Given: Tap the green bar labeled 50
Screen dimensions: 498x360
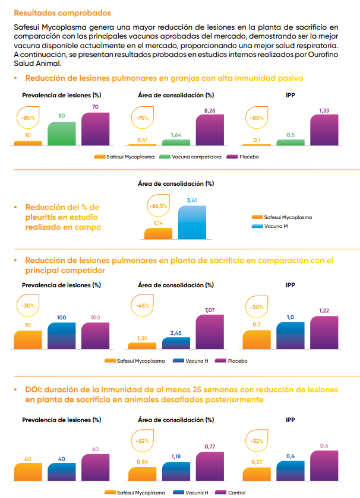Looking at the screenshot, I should pyautogui.click(x=62, y=134).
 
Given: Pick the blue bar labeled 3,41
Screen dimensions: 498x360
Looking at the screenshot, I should pyautogui.click(x=192, y=222).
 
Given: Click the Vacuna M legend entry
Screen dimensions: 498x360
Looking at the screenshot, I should pyautogui.click(x=276, y=226).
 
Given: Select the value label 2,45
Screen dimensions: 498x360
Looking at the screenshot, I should pyautogui.click(x=176, y=333).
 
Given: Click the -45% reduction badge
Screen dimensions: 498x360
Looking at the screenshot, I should pyautogui.click(x=143, y=306).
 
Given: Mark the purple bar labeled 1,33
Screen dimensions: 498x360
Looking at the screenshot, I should pyautogui.click(x=324, y=130).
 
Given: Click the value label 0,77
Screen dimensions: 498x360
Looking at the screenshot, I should pyautogui.click(x=210, y=446).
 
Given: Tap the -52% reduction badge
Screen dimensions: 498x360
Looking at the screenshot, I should pyautogui.click(x=143, y=441).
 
